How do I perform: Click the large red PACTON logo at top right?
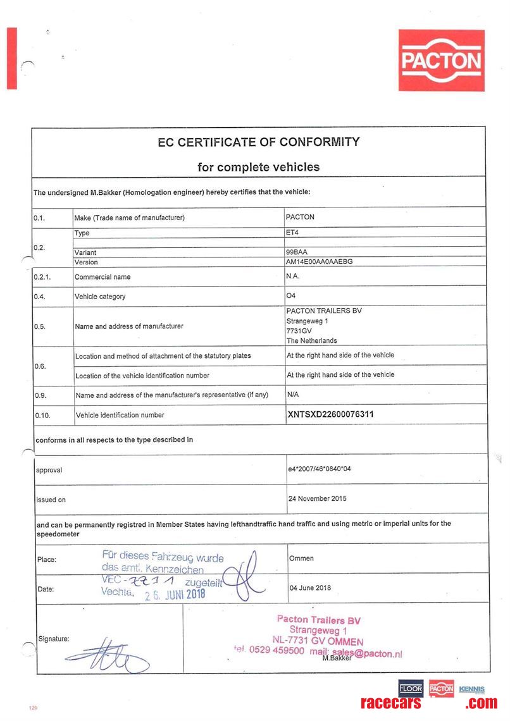[442, 60]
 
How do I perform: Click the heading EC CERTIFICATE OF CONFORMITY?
[258, 142]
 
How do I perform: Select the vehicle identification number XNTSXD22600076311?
[330, 415]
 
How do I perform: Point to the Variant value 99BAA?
[296, 252]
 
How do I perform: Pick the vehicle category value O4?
[291, 295]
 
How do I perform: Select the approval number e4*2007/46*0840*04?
[319, 470]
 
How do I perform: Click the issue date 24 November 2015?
[318, 498]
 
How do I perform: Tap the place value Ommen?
[301, 558]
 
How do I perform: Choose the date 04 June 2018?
[310, 588]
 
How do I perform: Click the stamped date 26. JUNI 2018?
[175, 594]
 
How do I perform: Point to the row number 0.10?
[42, 416]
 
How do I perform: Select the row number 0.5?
[40, 326]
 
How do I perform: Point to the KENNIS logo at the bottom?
[472, 689]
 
